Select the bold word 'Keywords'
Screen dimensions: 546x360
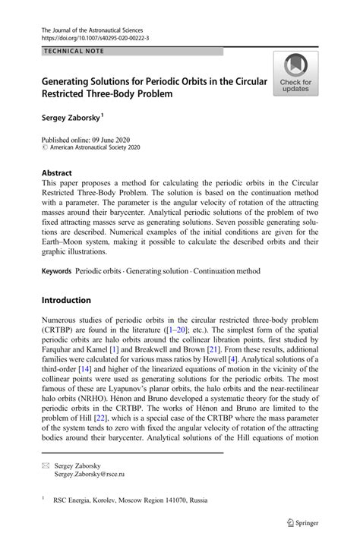click(57, 271)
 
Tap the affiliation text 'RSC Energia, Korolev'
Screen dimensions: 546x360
click(99, 501)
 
